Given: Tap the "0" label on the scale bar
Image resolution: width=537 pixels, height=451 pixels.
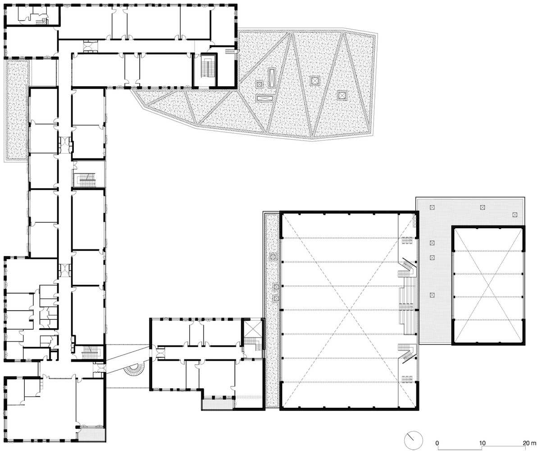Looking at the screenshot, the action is (x=437, y=443).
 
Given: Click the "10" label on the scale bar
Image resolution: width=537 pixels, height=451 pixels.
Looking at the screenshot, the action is (x=482, y=443).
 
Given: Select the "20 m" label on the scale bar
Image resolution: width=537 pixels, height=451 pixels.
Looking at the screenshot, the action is (x=529, y=443).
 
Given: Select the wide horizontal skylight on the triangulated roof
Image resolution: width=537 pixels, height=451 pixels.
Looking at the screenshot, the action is (x=265, y=98).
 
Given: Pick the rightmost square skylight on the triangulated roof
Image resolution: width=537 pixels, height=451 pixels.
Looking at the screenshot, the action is (x=342, y=95).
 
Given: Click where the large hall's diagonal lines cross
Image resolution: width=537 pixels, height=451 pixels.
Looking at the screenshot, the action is (x=349, y=310).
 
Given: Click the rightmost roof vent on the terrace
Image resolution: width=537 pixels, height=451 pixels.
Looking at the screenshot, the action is (x=514, y=215).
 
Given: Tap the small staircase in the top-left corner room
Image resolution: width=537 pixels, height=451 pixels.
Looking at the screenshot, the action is (x=41, y=22).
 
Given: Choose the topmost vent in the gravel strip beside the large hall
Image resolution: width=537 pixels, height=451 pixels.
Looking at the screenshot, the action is (x=273, y=256).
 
